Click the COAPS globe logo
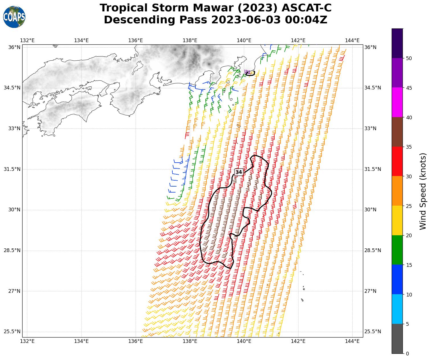pyautogui.click(x=14, y=17)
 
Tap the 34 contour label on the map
pyautogui.click(x=239, y=172)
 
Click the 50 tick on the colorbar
pyautogui.click(x=409, y=58)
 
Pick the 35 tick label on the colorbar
pyautogui.click(x=409, y=147)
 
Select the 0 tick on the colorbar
pyautogui.click(x=407, y=353)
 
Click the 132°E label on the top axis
pyautogui.click(x=27, y=40)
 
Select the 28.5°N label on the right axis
pyautogui.click(x=373, y=250)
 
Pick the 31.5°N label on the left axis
pyautogui.click(x=12, y=169)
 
